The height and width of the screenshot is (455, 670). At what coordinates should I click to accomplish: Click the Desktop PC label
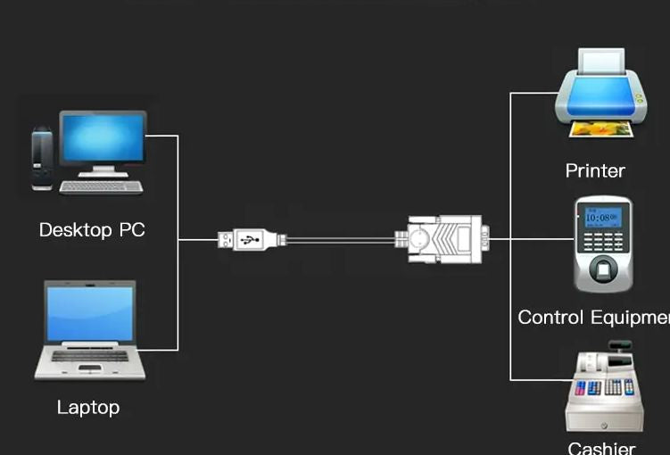point(92,230)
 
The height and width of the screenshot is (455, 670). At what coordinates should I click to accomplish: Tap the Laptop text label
point(88,408)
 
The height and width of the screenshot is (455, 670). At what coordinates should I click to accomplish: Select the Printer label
point(595,170)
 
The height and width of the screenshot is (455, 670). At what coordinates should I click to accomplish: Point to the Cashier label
point(601,447)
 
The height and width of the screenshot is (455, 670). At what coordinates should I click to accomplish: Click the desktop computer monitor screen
point(103,137)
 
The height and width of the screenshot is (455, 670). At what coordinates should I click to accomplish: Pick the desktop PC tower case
point(42,159)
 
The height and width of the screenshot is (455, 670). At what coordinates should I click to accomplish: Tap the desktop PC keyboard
point(102,186)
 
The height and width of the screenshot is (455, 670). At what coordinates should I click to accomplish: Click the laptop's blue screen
point(90,313)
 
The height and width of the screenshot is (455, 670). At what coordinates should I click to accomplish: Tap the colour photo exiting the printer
point(602,129)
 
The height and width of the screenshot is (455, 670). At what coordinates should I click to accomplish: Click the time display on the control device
point(597,217)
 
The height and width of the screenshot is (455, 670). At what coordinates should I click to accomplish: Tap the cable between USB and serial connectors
point(339,239)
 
